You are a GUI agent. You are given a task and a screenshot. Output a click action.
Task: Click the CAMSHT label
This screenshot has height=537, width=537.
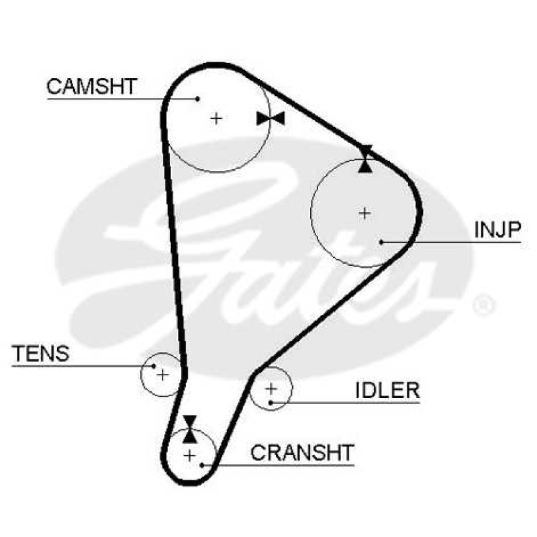click(x=92, y=87)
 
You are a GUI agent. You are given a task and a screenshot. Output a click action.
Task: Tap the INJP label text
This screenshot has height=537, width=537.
click(x=497, y=230)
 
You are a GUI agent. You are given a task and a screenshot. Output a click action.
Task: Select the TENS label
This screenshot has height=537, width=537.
click(x=40, y=354)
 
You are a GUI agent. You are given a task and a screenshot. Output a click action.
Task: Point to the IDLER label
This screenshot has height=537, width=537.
click(x=387, y=390)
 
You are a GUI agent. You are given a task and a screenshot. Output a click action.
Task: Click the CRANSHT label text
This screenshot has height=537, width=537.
click(x=302, y=452)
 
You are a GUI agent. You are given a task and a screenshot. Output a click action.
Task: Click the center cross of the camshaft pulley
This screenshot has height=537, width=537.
click(x=216, y=119)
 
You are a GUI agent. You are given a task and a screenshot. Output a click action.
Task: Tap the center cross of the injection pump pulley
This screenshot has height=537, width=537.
click(x=364, y=213)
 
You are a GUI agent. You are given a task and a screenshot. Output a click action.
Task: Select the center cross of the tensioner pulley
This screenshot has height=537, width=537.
click(x=162, y=375)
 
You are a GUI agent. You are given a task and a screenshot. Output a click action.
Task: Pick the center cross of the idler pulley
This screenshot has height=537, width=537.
click(x=271, y=389)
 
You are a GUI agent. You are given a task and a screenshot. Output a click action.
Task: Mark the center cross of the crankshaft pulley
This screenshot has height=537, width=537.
click(x=189, y=456)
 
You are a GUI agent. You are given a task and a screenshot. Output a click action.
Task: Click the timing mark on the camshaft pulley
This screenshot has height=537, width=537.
click(x=271, y=119)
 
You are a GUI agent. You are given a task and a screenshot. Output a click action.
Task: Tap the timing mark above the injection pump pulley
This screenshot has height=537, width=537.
click(x=365, y=159)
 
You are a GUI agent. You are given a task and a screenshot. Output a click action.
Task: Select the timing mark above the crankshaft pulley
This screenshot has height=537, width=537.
click(x=189, y=429)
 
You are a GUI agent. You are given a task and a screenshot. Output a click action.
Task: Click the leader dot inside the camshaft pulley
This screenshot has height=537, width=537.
click(x=197, y=99)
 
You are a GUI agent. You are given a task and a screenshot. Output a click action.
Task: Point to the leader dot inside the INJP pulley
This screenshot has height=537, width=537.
click(x=381, y=242)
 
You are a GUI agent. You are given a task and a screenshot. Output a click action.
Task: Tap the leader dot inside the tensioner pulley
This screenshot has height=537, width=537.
click(x=154, y=366)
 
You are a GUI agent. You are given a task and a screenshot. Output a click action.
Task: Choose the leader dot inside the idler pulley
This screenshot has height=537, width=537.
click(x=271, y=402)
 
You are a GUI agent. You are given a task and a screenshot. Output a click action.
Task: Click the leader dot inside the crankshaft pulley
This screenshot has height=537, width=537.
click(x=202, y=465)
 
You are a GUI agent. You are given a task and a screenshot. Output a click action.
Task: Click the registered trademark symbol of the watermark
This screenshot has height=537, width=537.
click(x=484, y=305)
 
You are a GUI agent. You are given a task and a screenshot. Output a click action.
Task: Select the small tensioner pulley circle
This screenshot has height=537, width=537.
click(x=141, y=375)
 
